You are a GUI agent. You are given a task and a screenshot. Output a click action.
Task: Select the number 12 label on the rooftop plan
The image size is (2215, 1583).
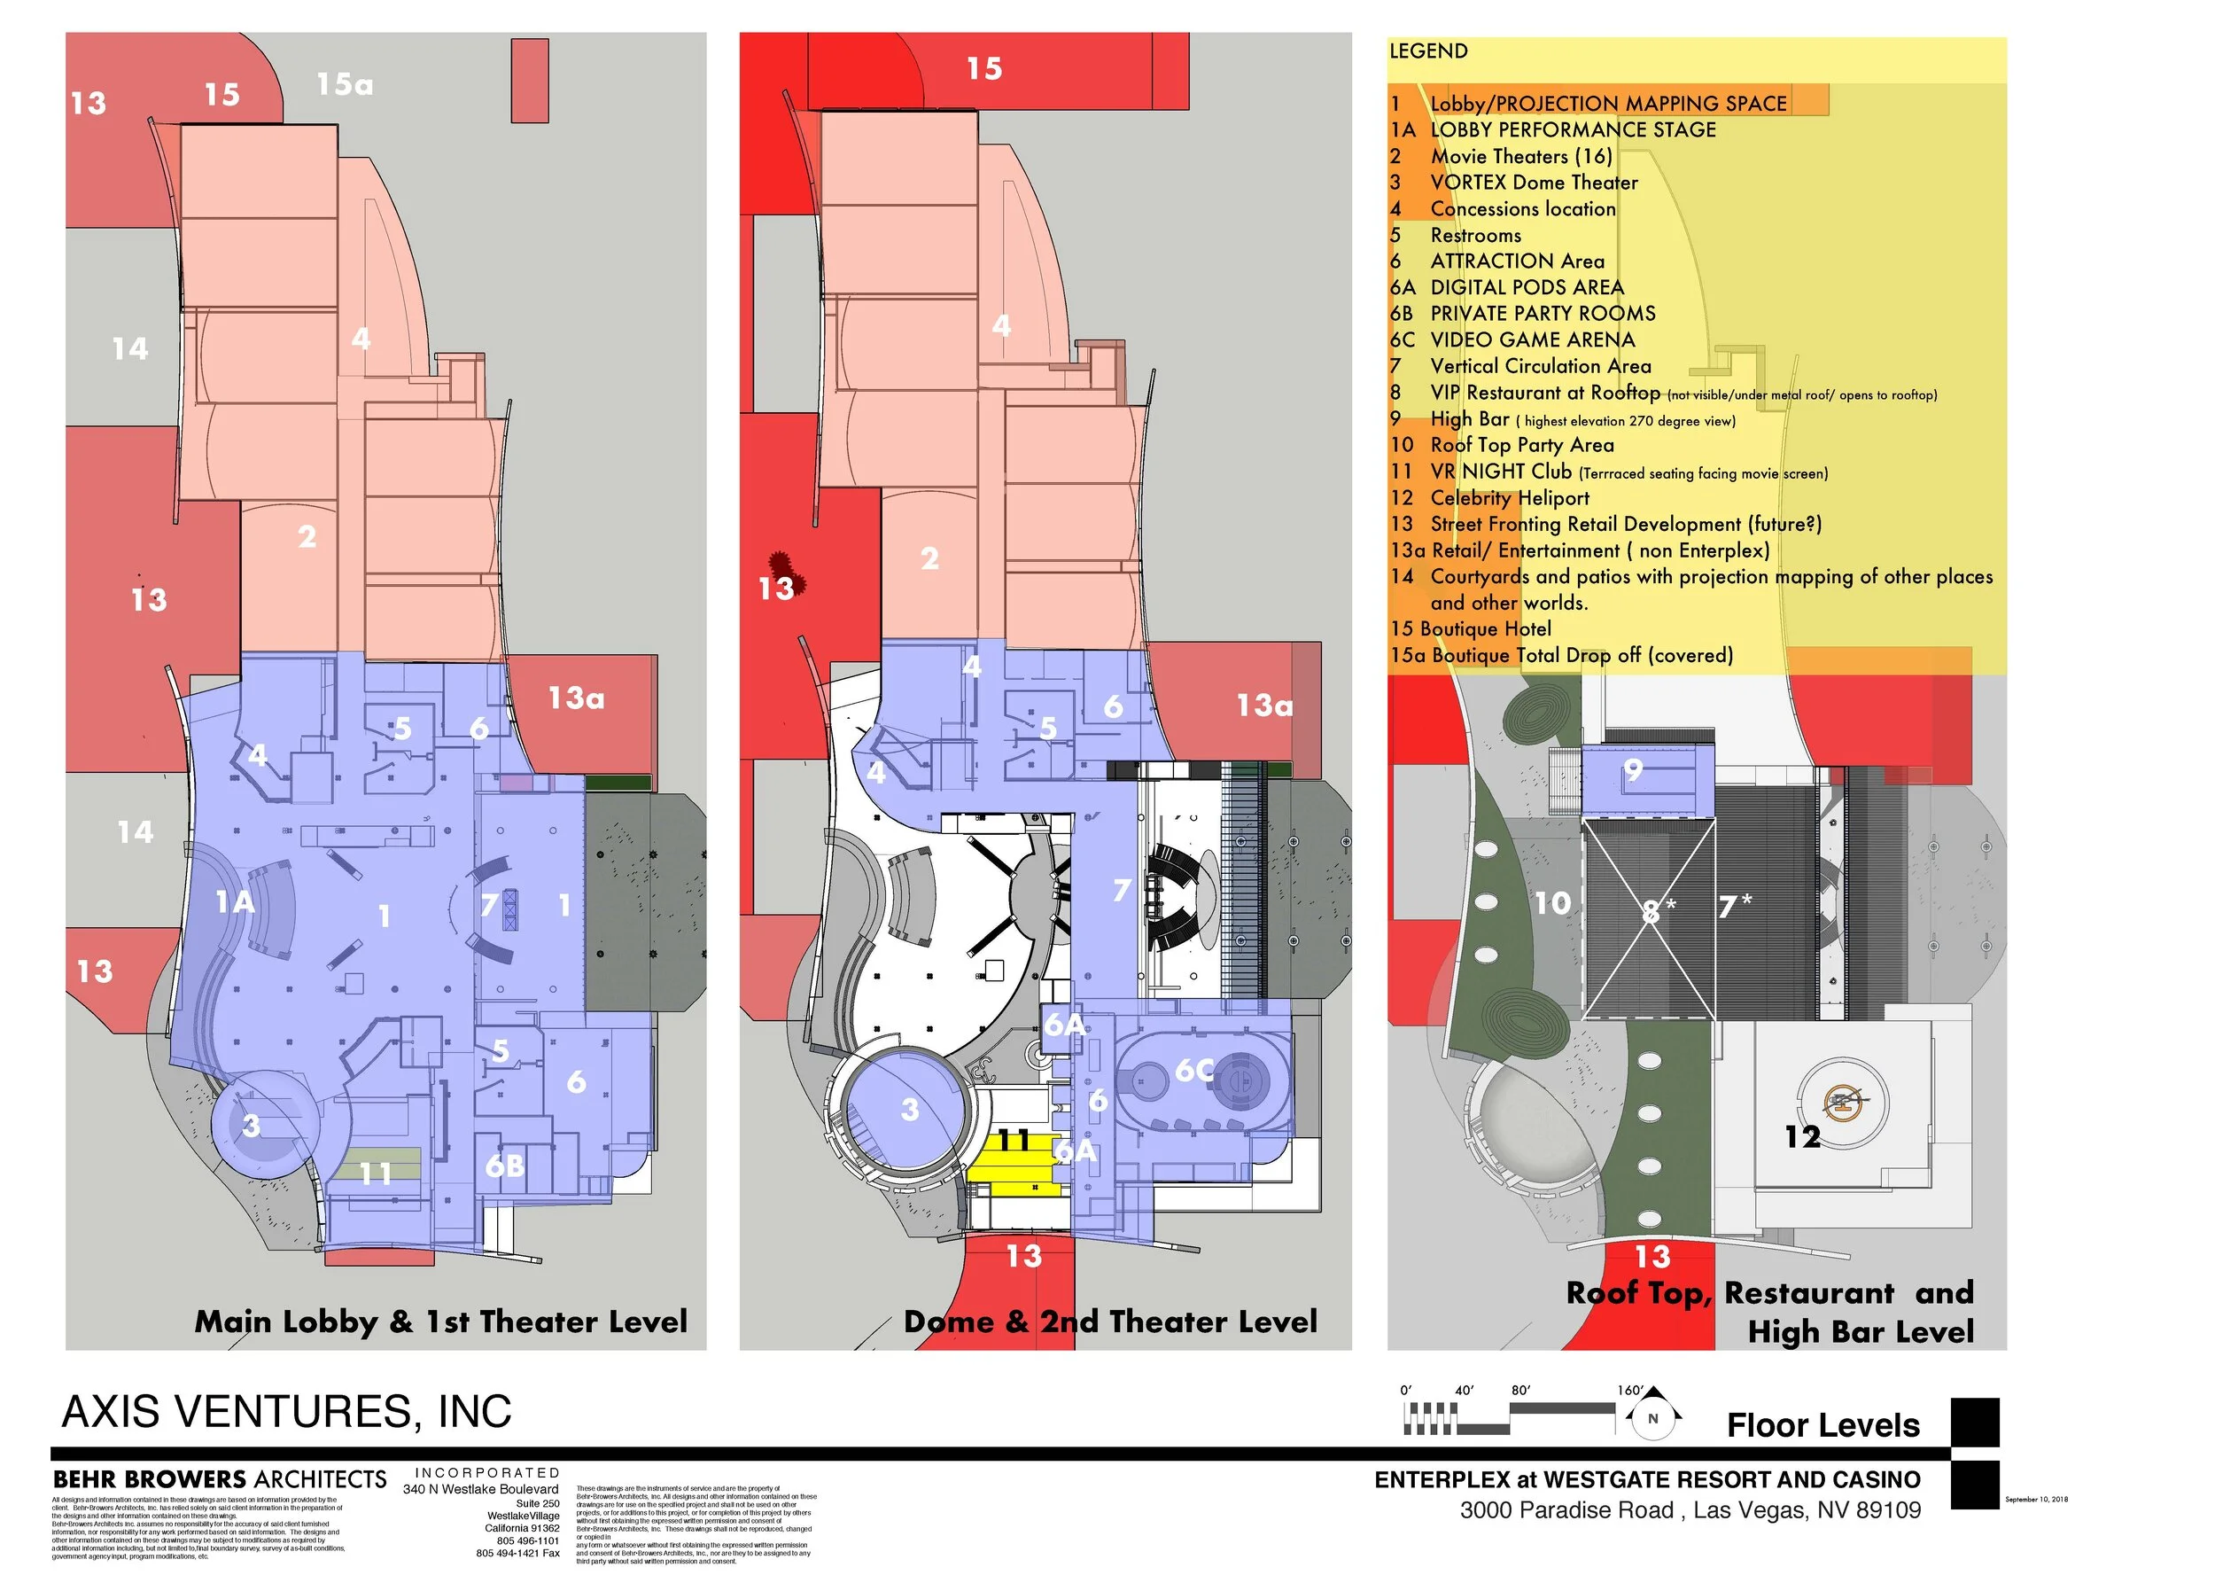pos(1802,1136)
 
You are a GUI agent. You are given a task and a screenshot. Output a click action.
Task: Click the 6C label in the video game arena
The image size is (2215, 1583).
pos(1193,1071)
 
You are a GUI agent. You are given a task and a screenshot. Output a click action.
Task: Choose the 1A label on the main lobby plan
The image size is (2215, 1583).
pos(235,902)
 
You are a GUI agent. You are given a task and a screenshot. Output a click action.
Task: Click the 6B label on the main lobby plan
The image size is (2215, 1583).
pos(505,1165)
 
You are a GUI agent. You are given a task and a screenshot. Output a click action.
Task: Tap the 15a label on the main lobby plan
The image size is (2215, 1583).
pos(345,85)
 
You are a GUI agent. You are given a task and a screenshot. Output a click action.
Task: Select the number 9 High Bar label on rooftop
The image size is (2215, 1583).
pos(1634,771)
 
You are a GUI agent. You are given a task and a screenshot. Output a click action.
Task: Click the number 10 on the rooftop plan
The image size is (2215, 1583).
pos(1552,903)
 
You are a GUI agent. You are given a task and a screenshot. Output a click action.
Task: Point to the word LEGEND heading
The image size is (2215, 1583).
pos(1427,51)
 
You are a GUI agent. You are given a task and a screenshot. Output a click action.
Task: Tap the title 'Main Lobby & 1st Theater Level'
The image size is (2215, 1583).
pos(440,1322)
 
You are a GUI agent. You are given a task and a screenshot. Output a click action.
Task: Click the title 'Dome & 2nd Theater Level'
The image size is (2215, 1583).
pos(1110,1322)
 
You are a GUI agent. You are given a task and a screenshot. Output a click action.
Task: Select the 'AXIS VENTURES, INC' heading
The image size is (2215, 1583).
pos(286,1411)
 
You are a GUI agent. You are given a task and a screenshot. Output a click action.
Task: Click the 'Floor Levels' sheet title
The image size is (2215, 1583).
pos(1823,1425)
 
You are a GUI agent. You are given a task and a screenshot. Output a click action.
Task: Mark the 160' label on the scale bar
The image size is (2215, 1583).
pos(1629,1390)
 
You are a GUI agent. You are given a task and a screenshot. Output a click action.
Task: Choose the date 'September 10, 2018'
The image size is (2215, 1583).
pos(2036,1499)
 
